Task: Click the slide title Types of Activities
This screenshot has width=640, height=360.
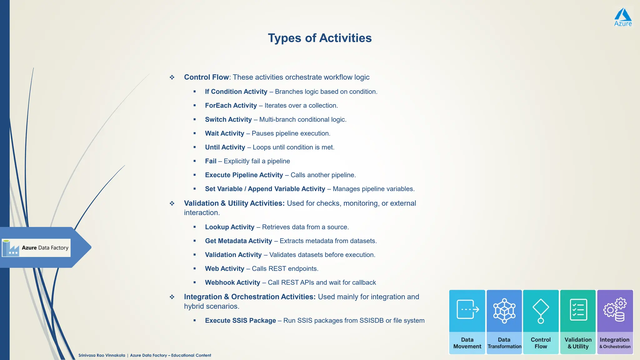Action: [320, 38]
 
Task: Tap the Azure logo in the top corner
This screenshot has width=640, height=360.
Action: [623, 17]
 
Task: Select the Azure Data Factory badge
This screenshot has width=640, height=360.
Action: [36, 248]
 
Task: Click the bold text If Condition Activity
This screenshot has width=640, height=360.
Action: [236, 92]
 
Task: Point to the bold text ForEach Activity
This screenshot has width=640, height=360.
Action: [231, 106]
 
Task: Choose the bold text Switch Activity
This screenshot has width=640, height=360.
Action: [228, 119]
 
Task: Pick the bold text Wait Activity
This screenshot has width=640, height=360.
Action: [224, 133]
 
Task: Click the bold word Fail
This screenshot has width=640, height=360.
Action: [211, 161]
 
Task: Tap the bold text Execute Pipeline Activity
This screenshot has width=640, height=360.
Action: [244, 175]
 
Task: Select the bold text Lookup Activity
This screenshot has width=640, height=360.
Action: [229, 227]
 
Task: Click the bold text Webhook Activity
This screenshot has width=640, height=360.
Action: [232, 282]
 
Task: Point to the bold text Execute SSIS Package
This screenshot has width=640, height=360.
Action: [240, 321]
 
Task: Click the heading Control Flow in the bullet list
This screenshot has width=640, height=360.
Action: [206, 77]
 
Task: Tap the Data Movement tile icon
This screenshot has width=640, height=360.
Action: [467, 309]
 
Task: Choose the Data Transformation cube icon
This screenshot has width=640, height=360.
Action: [504, 311]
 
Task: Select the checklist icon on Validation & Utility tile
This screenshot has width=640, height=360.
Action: [578, 310]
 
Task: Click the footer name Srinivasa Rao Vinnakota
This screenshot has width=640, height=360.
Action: [102, 355]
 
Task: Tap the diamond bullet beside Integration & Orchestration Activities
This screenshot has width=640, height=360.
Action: [172, 297]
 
